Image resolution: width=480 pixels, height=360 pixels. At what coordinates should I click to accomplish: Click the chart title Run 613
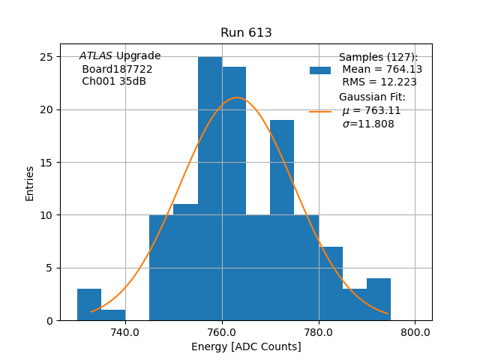tap(246, 33)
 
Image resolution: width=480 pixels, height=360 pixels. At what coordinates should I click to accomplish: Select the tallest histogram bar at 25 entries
tap(210, 187)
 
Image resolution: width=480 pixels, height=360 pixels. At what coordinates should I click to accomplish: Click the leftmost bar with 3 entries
tap(89, 304)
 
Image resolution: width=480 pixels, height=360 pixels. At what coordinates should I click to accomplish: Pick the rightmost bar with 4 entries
tap(379, 300)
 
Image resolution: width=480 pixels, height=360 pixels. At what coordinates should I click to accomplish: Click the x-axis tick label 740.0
tap(125, 332)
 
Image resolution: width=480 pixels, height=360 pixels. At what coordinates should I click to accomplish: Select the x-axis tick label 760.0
tap(222, 332)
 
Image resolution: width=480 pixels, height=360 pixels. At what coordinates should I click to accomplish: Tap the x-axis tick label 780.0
tap(319, 332)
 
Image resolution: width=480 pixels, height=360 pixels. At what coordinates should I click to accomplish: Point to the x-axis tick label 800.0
tap(415, 332)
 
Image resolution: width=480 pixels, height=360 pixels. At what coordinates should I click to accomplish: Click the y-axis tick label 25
tap(46, 57)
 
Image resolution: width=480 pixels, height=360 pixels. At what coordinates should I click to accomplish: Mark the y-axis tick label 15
tap(46, 163)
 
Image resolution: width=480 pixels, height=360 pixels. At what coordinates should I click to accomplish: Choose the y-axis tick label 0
tap(49, 320)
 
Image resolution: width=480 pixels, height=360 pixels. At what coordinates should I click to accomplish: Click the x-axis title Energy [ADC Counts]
tap(246, 346)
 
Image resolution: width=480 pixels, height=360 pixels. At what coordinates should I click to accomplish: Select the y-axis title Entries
tap(30, 183)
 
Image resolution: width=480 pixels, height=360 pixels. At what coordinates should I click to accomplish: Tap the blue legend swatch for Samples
tap(320, 70)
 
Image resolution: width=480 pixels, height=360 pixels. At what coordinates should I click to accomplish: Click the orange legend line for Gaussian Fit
tap(320, 112)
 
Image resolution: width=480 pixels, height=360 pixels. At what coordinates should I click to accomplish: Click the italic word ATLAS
tap(96, 56)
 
